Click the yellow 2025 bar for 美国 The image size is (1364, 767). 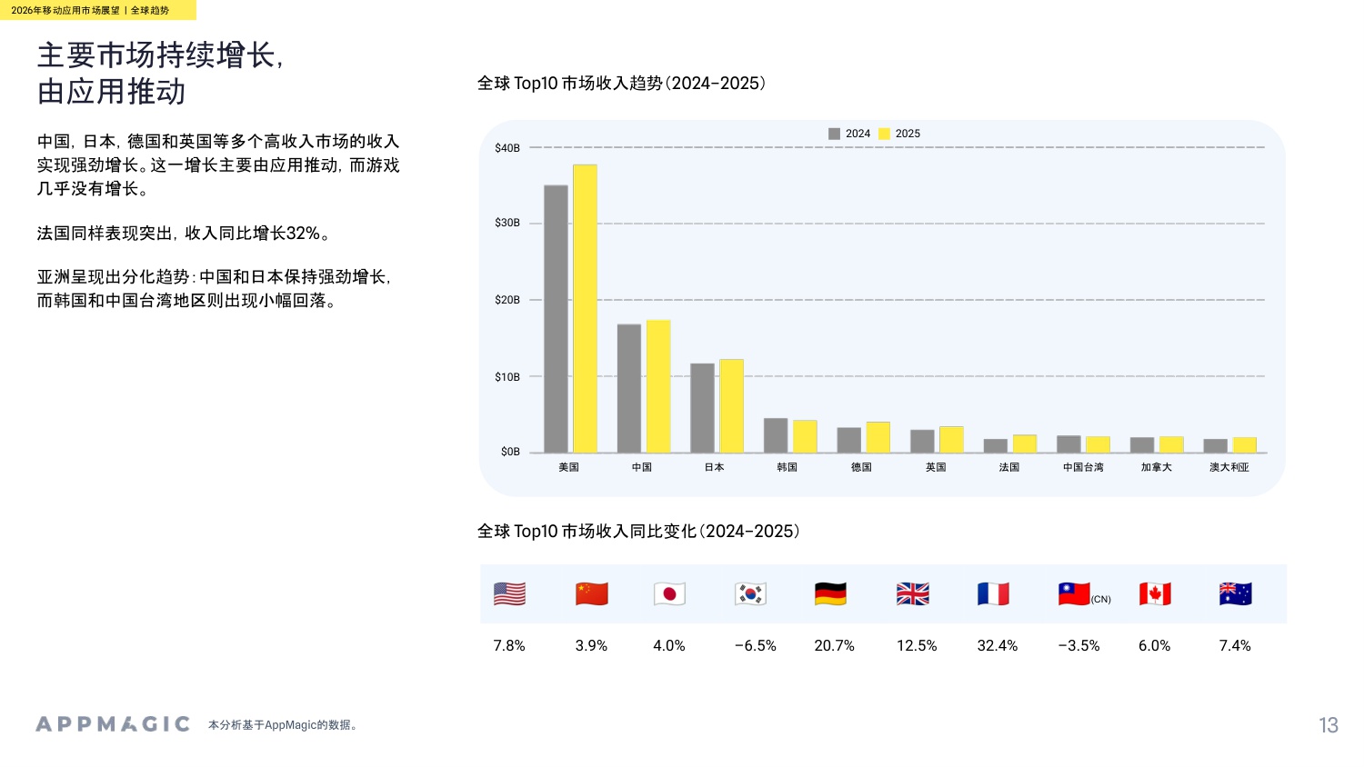click(585, 309)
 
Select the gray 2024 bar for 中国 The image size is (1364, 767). click(628, 388)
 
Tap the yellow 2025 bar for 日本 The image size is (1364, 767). click(731, 405)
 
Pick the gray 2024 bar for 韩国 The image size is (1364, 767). click(776, 435)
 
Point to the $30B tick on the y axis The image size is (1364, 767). click(507, 223)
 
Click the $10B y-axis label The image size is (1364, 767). click(507, 376)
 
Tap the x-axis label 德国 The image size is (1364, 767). click(861, 467)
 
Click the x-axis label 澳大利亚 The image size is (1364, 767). click(1229, 467)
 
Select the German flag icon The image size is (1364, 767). click(830, 594)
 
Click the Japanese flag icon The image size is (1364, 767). click(669, 594)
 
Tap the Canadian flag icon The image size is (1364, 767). click(1155, 594)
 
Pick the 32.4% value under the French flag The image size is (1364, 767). click(997, 646)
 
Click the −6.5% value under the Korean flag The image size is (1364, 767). click(755, 646)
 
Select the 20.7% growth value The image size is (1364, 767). click(834, 646)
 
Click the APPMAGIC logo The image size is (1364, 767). click(113, 724)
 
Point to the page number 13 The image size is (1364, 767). click(1328, 725)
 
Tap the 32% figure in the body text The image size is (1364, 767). click(303, 234)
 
